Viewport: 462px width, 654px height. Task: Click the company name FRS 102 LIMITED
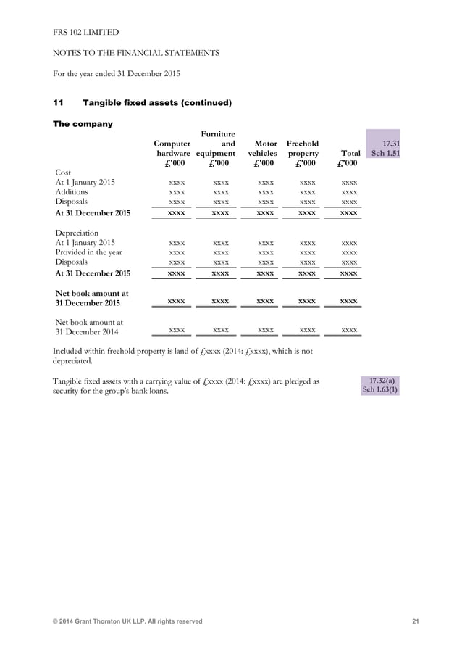click(86, 33)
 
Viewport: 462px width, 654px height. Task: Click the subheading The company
click(83, 124)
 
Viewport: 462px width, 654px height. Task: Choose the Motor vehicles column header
click(261, 154)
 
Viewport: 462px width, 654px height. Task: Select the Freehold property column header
click(303, 154)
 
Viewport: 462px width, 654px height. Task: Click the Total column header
click(350, 154)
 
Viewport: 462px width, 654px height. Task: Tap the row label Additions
click(72, 192)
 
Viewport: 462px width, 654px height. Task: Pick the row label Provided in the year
click(88, 252)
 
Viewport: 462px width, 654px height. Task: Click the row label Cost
click(64, 172)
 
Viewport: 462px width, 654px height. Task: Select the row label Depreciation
click(77, 233)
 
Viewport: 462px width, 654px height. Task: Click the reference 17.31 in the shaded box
click(390, 144)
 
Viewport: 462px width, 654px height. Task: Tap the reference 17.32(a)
click(384, 380)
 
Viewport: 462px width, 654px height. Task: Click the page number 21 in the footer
click(416, 621)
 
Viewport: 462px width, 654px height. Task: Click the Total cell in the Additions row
click(349, 193)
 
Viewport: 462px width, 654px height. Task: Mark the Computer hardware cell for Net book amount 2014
click(176, 331)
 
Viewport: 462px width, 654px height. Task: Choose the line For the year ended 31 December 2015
click(117, 73)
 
